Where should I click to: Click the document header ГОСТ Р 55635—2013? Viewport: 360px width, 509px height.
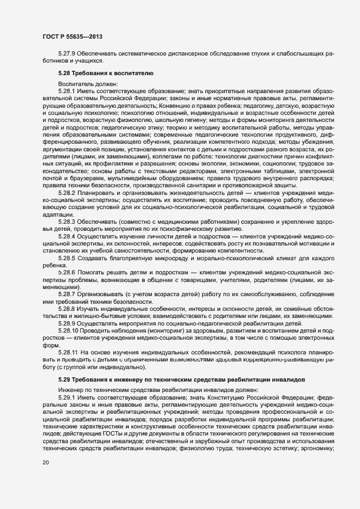point(72,37)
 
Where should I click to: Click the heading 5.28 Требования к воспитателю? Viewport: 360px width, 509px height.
point(108,72)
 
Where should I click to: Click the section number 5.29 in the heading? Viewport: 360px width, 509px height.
point(65,379)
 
